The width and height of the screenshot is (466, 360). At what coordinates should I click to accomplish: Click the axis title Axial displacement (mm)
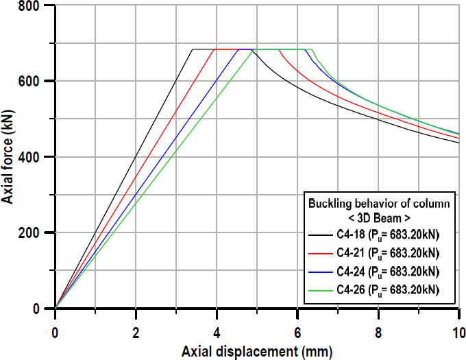point(256,352)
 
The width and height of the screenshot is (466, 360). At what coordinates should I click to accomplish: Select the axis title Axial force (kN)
point(10,158)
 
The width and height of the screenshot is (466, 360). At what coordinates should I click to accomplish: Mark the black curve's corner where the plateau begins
point(193,49)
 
